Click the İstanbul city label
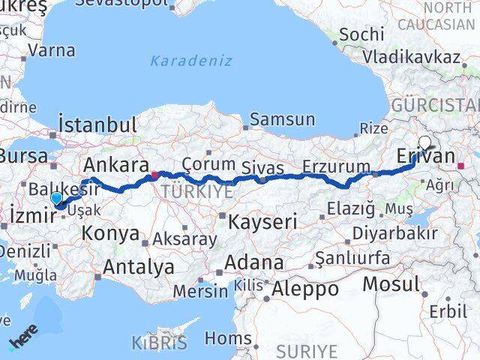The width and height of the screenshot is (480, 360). [97, 124]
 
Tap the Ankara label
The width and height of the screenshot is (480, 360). [115, 165]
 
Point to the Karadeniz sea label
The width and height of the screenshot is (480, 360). [191, 61]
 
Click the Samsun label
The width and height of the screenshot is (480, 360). [282, 118]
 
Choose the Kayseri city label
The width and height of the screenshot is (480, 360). [262, 221]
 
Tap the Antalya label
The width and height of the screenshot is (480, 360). [139, 265]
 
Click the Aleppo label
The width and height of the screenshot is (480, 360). [306, 289]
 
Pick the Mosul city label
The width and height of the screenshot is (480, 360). [391, 284]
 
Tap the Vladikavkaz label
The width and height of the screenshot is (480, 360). [411, 57]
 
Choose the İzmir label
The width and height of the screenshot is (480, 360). [31, 216]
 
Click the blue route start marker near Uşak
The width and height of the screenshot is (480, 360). [56, 198]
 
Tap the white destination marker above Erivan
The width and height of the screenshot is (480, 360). [425, 141]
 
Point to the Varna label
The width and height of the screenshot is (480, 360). [52, 51]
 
